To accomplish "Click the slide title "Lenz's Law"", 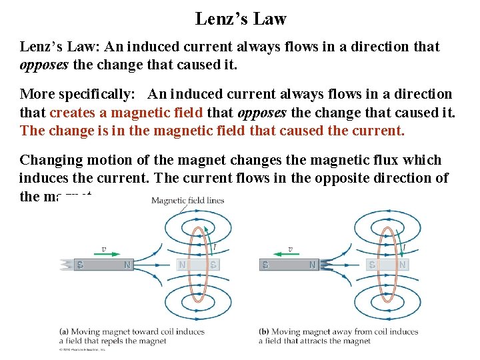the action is (x=240, y=19).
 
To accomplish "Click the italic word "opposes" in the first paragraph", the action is (x=45, y=65).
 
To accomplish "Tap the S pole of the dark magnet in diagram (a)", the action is (x=79, y=265).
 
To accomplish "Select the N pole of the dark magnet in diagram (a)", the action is (x=127, y=265).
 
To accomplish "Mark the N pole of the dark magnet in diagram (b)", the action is (x=311, y=265).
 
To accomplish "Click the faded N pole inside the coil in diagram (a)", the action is (x=182, y=265).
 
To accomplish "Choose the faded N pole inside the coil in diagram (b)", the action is (x=402, y=265).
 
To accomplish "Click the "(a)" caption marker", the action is (x=64, y=331).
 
